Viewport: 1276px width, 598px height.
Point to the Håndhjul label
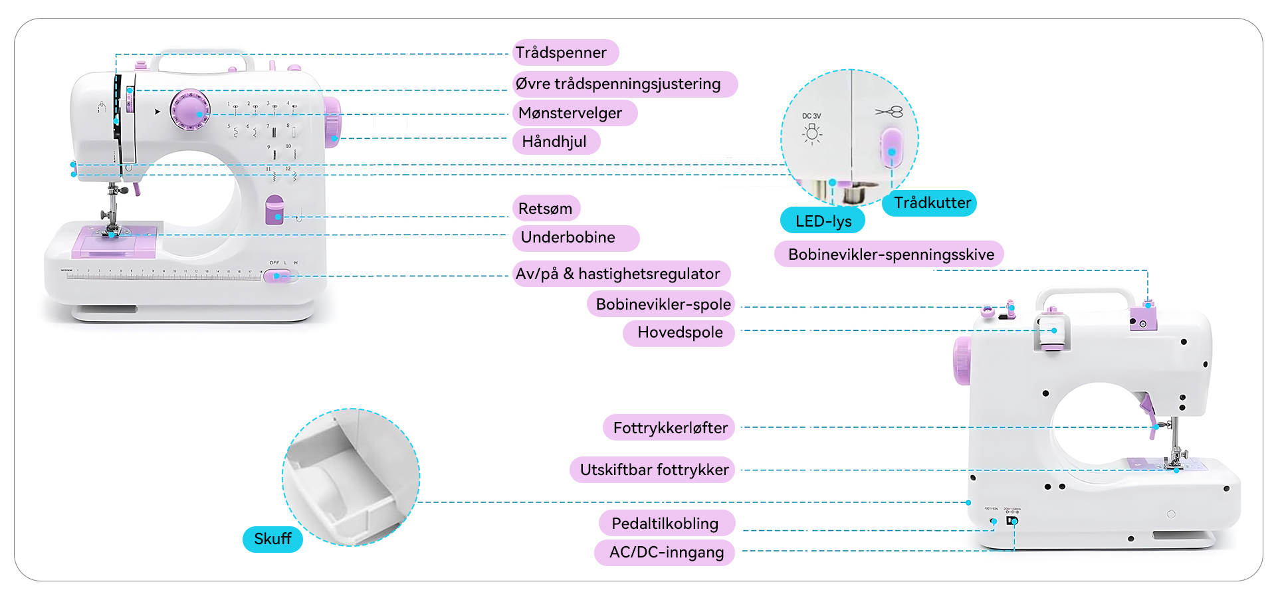click(x=556, y=142)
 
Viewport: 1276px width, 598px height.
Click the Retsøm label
click(x=546, y=209)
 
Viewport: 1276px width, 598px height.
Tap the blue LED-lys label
click(x=823, y=221)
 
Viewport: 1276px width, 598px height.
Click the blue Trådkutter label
click(x=930, y=203)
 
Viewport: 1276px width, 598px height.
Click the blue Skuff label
click(x=273, y=539)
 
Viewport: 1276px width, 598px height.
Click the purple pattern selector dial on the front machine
click(x=191, y=110)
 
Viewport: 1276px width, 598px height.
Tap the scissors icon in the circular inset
click(x=889, y=112)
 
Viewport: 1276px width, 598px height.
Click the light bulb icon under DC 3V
click(x=811, y=134)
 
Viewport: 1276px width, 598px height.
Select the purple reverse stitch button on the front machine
click(x=274, y=209)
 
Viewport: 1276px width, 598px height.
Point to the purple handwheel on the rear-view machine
click(x=962, y=360)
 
